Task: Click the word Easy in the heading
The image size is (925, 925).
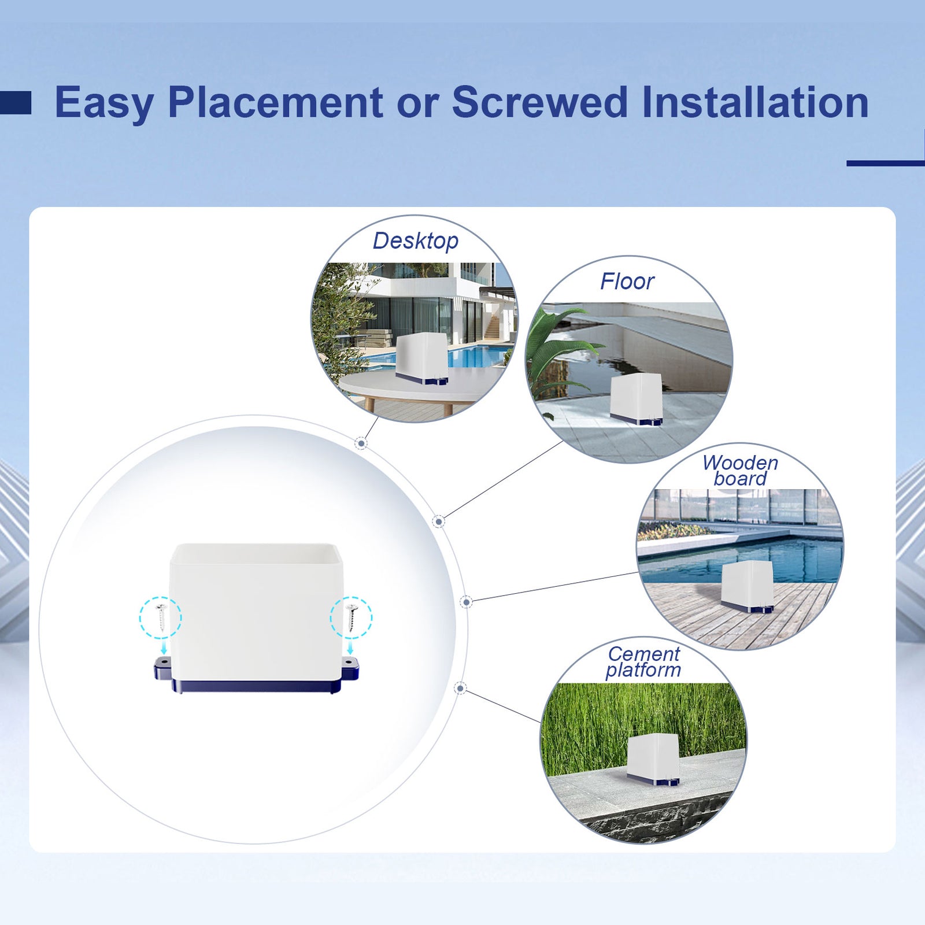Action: point(104,103)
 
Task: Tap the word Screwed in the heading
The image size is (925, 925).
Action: point(539,102)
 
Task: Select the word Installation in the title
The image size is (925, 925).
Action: point(755,102)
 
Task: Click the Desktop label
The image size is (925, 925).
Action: point(415,241)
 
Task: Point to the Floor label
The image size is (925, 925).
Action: point(627,282)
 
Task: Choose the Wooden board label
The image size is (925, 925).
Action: point(740,471)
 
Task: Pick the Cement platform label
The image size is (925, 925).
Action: point(643,662)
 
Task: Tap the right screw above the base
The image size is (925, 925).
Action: point(351,617)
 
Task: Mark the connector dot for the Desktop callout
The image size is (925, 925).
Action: point(361,443)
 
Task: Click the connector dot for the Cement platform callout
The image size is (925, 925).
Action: point(460,688)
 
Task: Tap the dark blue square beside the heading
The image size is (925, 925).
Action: point(16,102)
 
